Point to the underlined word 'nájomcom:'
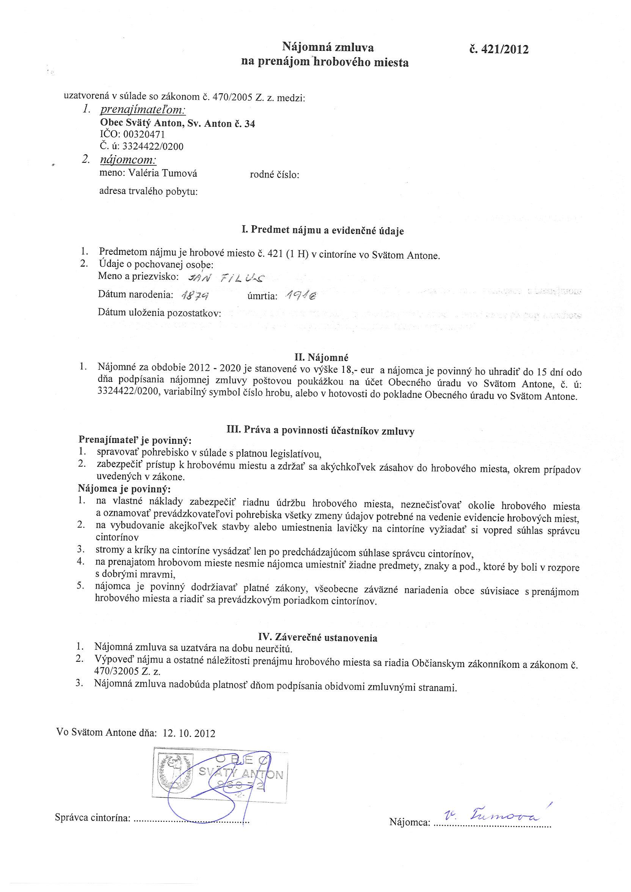[x=128, y=160]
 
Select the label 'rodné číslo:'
[x=274, y=175]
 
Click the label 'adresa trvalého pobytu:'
[x=148, y=192]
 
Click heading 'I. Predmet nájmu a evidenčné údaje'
[x=322, y=230]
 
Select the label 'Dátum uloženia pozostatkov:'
[x=159, y=313]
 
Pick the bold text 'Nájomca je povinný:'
[x=124, y=488]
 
